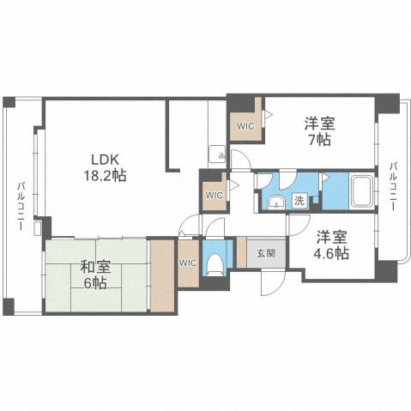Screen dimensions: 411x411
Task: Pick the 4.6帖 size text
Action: point(330,254)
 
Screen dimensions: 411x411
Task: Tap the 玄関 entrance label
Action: point(266,253)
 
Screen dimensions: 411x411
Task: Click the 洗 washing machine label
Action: point(299,200)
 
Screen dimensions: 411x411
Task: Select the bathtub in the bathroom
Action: point(361,192)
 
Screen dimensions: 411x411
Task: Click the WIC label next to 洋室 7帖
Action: point(245,126)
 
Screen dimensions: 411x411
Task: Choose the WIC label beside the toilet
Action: point(188,263)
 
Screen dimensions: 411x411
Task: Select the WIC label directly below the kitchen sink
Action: point(214,194)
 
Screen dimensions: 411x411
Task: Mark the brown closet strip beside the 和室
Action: point(160,275)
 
